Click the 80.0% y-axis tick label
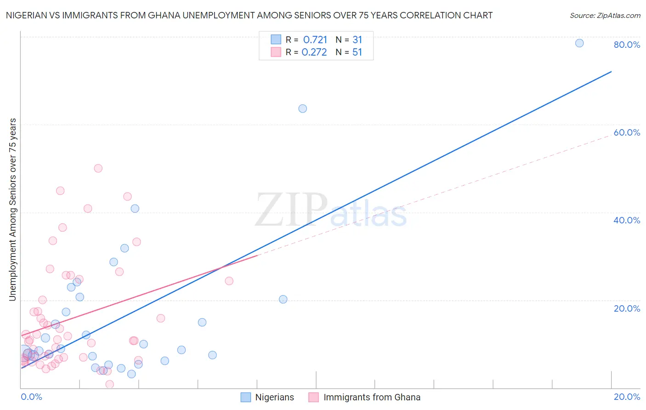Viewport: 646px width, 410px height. tap(627, 45)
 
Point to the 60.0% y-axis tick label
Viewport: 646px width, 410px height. tap(627, 132)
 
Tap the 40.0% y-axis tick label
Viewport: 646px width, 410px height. tap(627, 220)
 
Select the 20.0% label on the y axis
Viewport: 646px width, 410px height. tap(627, 308)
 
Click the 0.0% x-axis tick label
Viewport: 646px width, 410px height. tap(31, 397)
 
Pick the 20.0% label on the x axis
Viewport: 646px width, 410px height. tap(627, 397)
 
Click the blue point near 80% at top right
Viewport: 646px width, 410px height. tap(579, 43)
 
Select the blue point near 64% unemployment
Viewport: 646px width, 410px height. tap(302, 108)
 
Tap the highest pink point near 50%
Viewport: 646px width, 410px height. tap(98, 168)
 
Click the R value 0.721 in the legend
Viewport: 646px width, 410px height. tap(315, 40)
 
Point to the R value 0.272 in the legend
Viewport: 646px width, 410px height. tap(314, 52)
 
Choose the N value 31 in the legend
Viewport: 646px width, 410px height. tap(357, 40)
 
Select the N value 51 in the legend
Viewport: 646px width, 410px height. tap(357, 52)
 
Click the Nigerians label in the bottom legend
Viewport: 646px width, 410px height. tap(274, 397)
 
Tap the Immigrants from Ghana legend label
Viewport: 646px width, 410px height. tap(372, 397)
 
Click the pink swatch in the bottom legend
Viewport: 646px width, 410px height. tap(313, 397)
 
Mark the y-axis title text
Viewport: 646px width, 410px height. tap(12, 210)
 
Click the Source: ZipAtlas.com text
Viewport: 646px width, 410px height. tap(605, 15)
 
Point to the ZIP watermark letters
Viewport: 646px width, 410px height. tap(291, 211)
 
